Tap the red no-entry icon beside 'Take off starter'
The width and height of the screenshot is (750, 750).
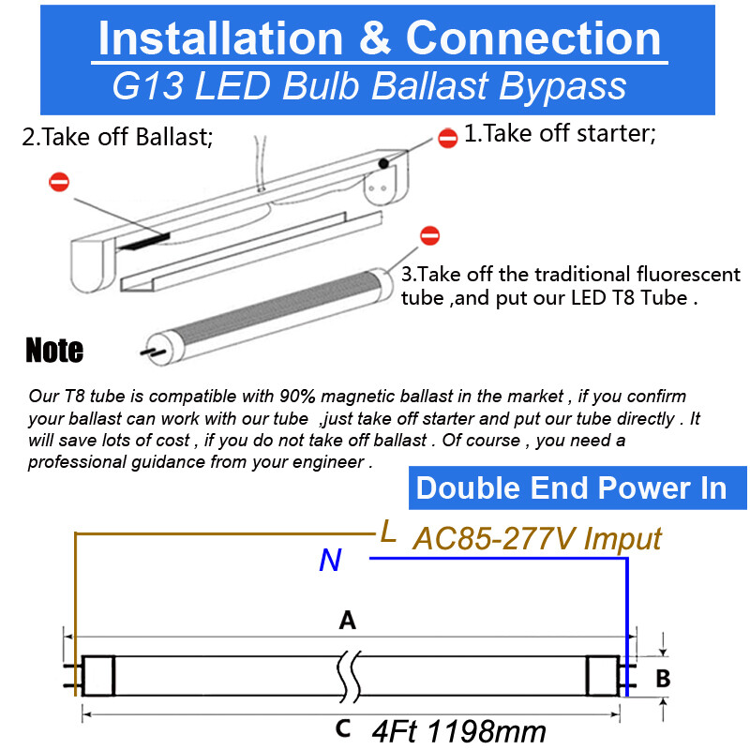[x=448, y=137]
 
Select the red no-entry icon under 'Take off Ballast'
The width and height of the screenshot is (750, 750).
[x=59, y=182]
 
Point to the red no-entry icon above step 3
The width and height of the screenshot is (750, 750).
[x=430, y=235]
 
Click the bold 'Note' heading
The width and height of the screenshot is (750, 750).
[x=54, y=351]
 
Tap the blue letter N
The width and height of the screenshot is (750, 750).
[x=330, y=561]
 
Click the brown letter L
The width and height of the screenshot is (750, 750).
[x=388, y=532]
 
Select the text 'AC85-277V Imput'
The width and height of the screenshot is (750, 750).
[x=537, y=538]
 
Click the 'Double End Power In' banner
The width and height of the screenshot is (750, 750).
[x=571, y=488]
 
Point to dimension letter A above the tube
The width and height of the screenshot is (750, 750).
[x=348, y=620]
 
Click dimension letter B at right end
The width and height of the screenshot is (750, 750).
[x=663, y=678]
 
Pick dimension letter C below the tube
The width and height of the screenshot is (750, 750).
[x=343, y=727]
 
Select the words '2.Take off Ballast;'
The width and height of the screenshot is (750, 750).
[x=117, y=138]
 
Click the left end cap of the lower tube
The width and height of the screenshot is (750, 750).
[x=97, y=675]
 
